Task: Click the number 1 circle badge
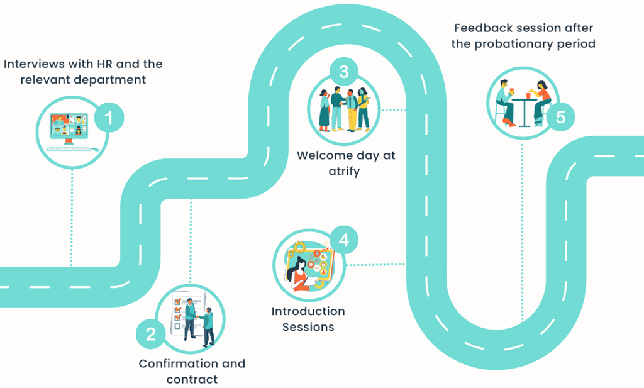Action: pyautogui.click(x=109, y=118)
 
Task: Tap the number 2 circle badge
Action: pyautogui.click(x=151, y=333)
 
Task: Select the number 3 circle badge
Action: pyautogui.click(x=343, y=72)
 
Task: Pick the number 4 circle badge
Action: pyautogui.click(x=343, y=240)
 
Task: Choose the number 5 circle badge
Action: pyautogui.click(x=560, y=117)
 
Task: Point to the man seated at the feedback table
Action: pyautogui.click(x=504, y=101)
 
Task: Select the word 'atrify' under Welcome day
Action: pyautogui.click(x=347, y=171)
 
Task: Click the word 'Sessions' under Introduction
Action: pyautogui.click(x=308, y=327)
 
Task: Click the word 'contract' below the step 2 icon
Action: pyautogui.click(x=192, y=379)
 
